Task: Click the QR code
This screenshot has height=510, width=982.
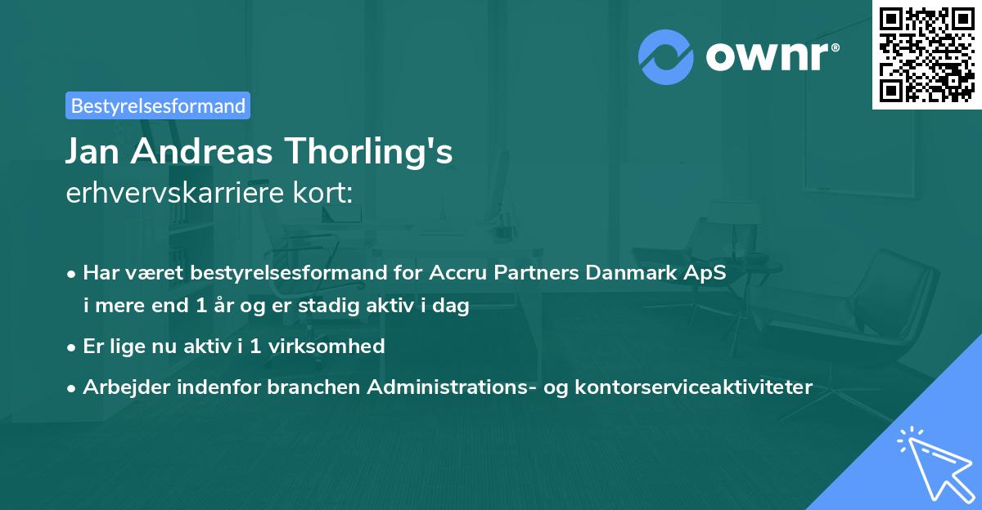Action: tap(927, 55)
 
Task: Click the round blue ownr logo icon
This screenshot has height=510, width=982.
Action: tap(666, 56)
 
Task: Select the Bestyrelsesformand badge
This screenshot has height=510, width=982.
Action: tap(158, 105)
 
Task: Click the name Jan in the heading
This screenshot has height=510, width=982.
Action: tap(96, 152)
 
